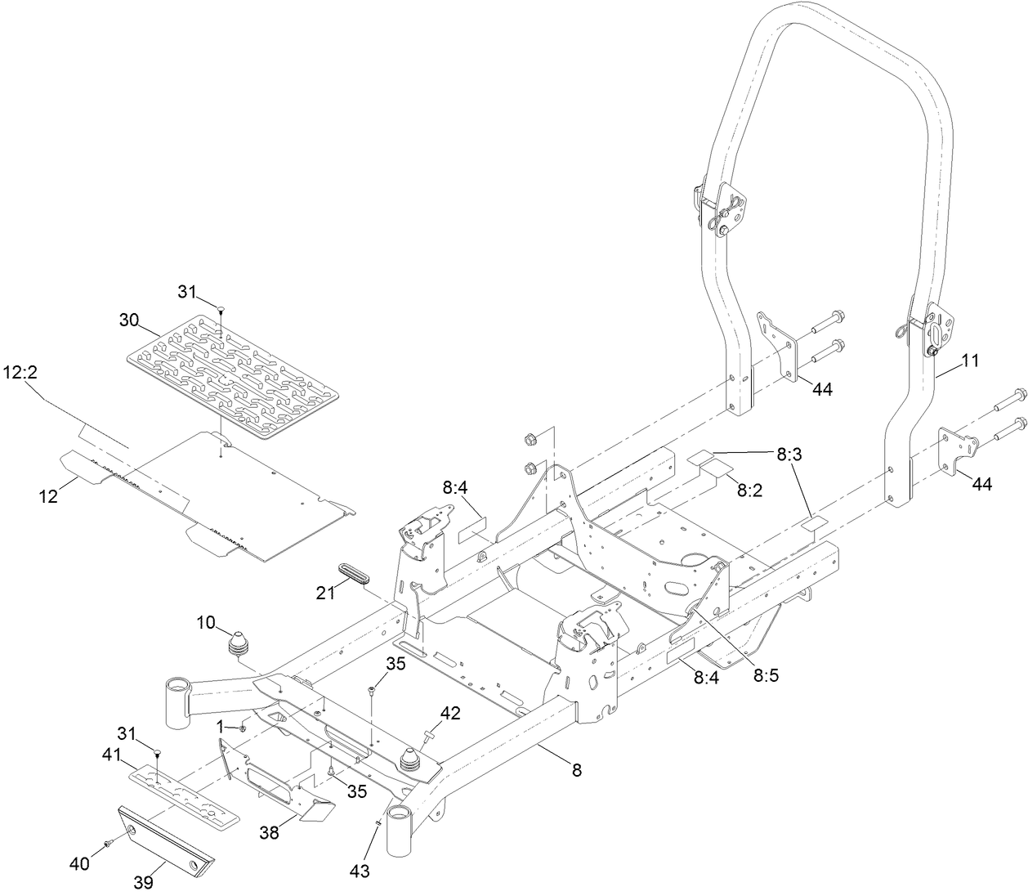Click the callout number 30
pos(129,320)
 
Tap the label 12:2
pos(25,372)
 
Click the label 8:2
pos(749,491)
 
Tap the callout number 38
pos(270,833)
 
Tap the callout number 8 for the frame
pos(576,770)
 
